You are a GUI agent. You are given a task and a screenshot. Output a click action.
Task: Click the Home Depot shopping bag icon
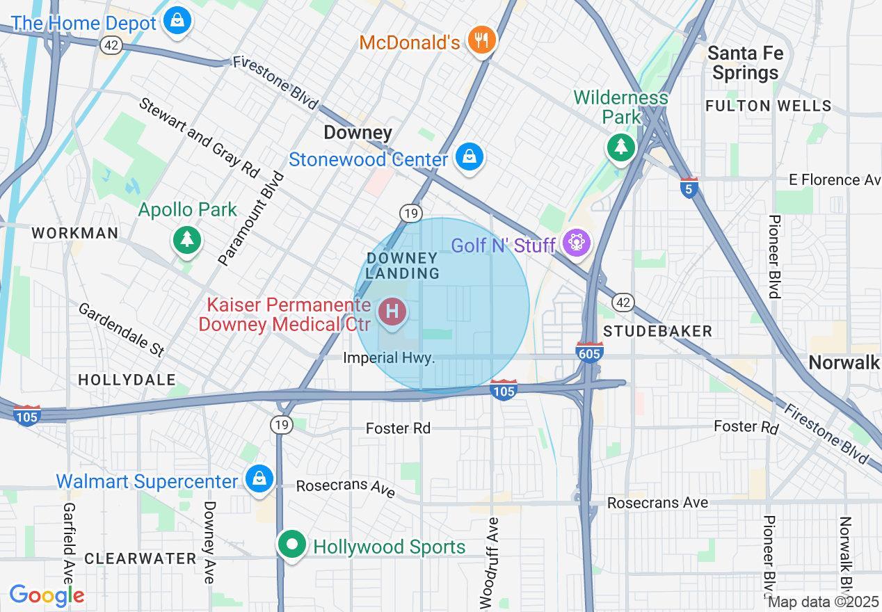point(178,20)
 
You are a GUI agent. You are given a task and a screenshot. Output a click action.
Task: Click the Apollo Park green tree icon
point(186,240)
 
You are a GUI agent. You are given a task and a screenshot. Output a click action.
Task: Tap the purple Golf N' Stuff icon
point(578,243)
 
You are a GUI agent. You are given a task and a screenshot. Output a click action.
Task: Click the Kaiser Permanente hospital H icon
point(392,311)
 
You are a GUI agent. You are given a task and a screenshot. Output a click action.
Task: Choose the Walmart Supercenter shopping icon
point(259,478)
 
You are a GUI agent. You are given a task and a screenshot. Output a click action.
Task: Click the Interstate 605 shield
point(589,351)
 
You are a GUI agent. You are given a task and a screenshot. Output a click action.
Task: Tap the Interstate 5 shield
point(689,188)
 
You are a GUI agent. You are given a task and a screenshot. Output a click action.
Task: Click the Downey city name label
point(358,132)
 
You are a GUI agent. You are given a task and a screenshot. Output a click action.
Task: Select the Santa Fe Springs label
point(745,63)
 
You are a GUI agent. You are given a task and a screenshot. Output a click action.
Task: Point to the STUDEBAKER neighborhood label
point(657,331)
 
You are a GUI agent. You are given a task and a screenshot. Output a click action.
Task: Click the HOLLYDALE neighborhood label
point(127,380)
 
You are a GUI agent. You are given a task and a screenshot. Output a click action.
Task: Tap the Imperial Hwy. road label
point(390,358)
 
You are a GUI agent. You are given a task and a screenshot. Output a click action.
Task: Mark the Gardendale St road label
point(119,330)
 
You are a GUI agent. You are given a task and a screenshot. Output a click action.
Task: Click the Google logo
point(47,595)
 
